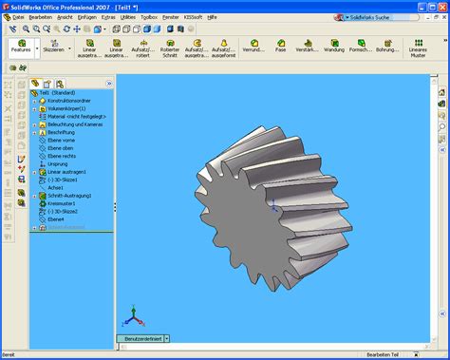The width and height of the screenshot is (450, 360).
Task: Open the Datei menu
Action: point(10,17)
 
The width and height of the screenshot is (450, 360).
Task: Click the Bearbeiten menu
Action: point(40,17)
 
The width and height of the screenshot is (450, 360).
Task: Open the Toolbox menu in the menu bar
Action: point(149,17)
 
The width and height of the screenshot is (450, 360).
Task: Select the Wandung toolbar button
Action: point(333,47)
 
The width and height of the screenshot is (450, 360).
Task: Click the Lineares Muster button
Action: point(418,48)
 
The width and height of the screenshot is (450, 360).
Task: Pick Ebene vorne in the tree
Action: point(61,141)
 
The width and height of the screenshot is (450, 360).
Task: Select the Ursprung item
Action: point(58,164)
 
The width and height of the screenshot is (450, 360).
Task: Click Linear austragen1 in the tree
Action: point(66,172)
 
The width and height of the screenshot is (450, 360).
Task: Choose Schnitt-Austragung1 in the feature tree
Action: point(70,196)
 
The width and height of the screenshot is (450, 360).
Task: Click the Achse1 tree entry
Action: point(56,188)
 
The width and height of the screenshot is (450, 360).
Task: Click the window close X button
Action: point(442,6)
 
